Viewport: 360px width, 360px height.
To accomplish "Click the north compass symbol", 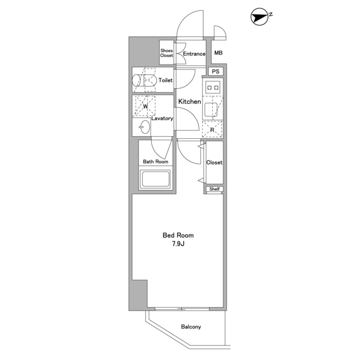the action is pyautogui.click(x=260, y=17).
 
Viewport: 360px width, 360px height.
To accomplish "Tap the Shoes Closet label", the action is pyautogui.click(x=166, y=53).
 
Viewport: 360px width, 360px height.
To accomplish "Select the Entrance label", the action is pyautogui.click(x=194, y=54).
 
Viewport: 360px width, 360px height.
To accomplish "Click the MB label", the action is pyautogui.click(x=218, y=53).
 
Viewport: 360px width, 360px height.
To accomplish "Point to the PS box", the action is pyautogui.click(x=215, y=71).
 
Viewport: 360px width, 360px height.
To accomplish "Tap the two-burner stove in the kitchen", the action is pyautogui.click(x=213, y=88).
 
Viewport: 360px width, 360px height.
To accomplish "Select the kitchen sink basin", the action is pyautogui.click(x=211, y=110).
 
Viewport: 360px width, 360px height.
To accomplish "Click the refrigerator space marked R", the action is pyautogui.click(x=212, y=129).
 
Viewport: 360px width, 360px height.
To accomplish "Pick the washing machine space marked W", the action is pyautogui.click(x=145, y=106).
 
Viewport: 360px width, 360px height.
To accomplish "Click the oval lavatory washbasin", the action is pyautogui.click(x=145, y=127).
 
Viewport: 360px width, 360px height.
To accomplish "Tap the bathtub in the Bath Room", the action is pyautogui.click(x=156, y=179).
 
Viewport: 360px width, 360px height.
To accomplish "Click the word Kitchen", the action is pyautogui.click(x=190, y=101).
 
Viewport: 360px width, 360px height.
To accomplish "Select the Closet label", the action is pyautogui.click(x=214, y=163).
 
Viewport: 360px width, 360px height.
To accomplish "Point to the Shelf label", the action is pyautogui.click(x=215, y=189).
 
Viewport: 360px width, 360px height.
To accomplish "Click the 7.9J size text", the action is pyautogui.click(x=178, y=244).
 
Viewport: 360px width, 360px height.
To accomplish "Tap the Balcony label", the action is pyautogui.click(x=191, y=327).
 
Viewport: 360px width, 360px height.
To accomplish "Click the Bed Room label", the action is pyautogui.click(x=178, y=235).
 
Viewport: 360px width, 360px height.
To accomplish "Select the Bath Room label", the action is pyautogui.click(x=156, y=161).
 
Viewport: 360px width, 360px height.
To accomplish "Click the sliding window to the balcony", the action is pyautogui.click(x=182, y=309).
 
